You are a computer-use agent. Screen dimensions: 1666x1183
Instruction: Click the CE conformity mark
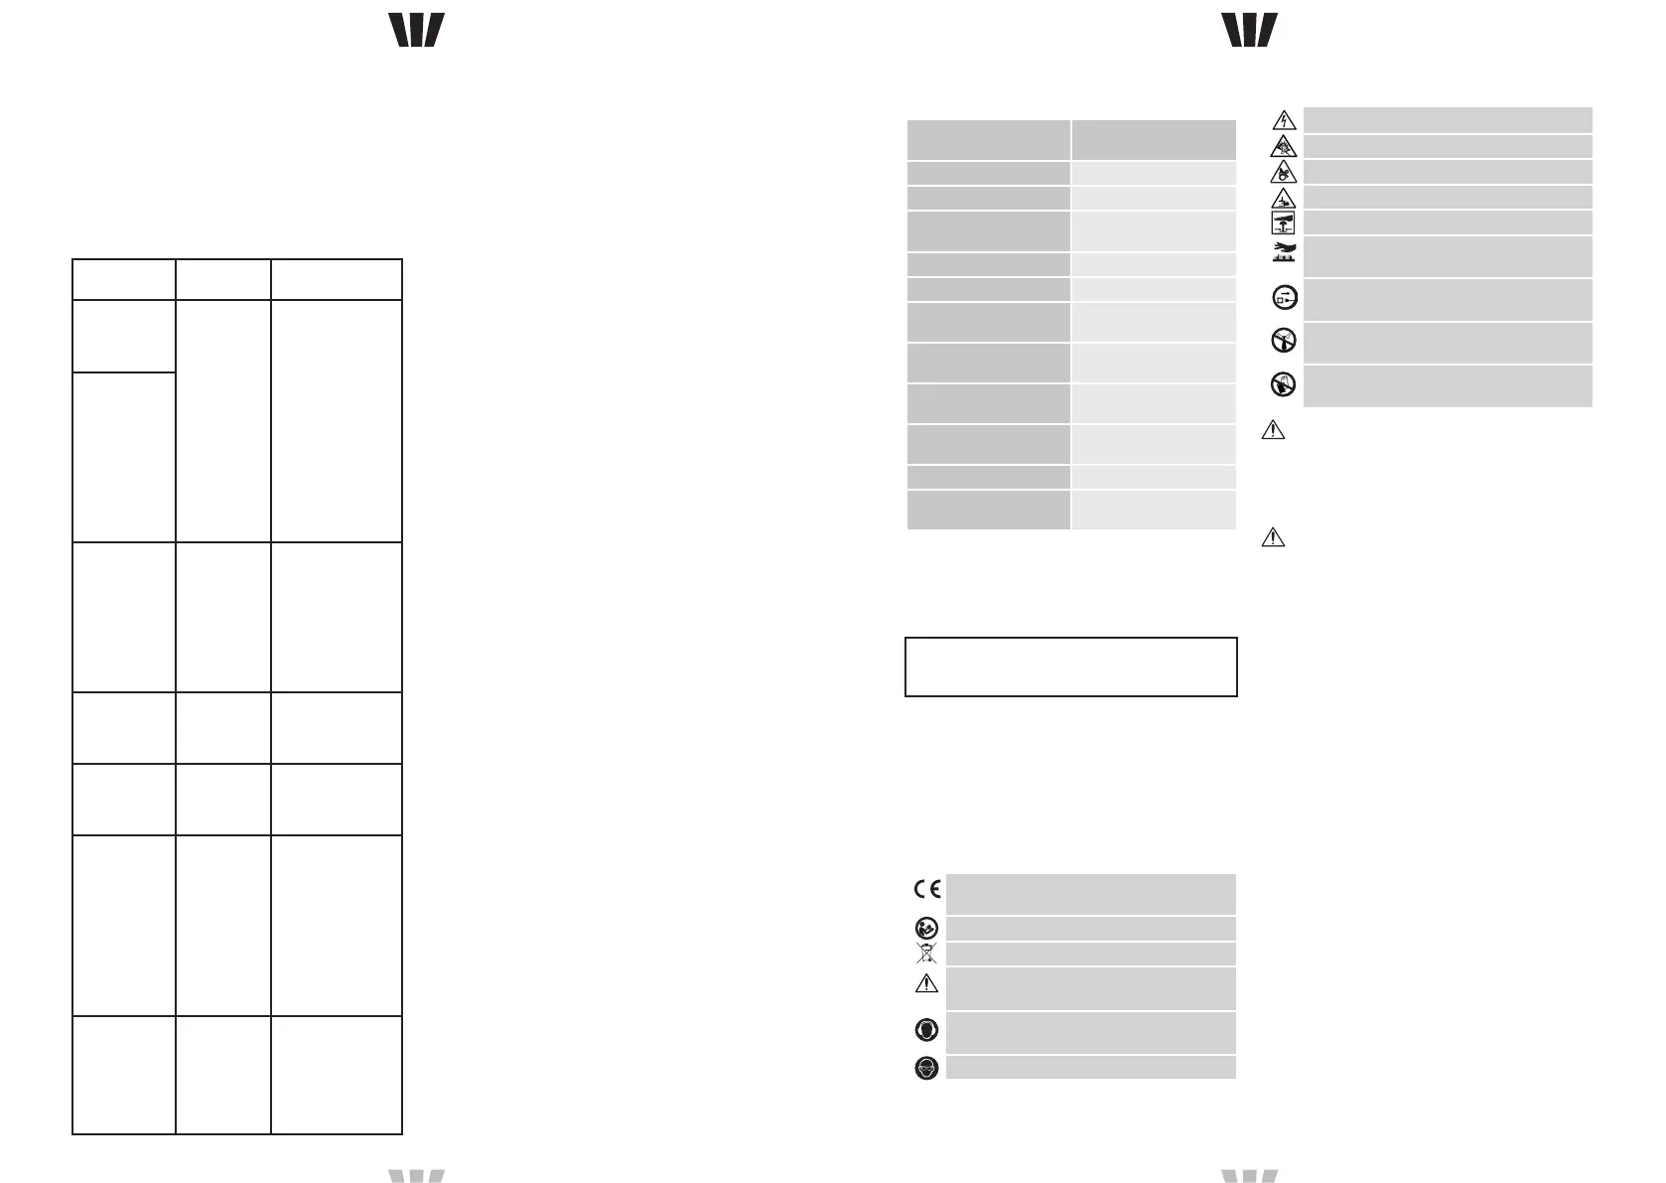pyautogui.click(x=926, y=889)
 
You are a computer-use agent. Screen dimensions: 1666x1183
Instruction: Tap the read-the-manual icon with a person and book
pyautogui.click(x=925, y=929)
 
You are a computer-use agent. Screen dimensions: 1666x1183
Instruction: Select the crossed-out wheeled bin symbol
pyautogui.click(x=925, y=955)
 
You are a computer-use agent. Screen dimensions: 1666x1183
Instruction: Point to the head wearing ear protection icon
pyautogui.click(x=925, y=1030)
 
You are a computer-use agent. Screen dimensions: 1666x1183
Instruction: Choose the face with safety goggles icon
pyautogui.click(x=925, y=1068)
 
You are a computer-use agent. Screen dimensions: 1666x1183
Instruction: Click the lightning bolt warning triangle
pyautogui.click(x=1284, y=121)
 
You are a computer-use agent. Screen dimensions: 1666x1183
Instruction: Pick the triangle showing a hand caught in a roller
pyautogui.click(x=1284, y=173)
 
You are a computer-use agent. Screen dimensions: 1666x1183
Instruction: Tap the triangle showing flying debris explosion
pyautogui.click(x=1284, y=147)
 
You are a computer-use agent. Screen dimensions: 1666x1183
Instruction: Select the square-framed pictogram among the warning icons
pyautogui.click(x=1284, y=222)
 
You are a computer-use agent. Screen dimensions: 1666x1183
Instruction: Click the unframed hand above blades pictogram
pyautogui.click(x=1284, y=253)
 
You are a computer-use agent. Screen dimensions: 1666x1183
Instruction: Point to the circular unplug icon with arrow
pyautogui.click(x=1284, y=297)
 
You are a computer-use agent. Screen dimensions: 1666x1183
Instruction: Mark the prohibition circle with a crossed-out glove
pyautogui.click(x=1284, y=384)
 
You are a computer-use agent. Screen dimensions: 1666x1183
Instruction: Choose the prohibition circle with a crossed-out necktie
pyautogui.click(x=1284, y=341)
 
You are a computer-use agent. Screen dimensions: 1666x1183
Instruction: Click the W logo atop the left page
pyautogui.click(x=416, y=31)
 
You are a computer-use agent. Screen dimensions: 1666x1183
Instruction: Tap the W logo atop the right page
pyautogui.click(x=1249, y=31)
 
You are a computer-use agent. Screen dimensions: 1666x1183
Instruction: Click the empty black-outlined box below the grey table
pyautogui.click(x=1071, y=666)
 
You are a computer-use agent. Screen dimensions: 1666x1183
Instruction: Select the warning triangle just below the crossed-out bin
pyautogui.click(x=925, y=984)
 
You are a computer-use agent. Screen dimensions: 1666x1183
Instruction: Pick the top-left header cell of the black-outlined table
pyautogui.click(x=124, y=279)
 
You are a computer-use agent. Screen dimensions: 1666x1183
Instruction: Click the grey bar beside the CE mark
pyautogui.click(x=1090, y=894)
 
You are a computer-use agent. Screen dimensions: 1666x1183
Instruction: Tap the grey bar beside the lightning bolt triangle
pyautogui.click(x=1447, y=120)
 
